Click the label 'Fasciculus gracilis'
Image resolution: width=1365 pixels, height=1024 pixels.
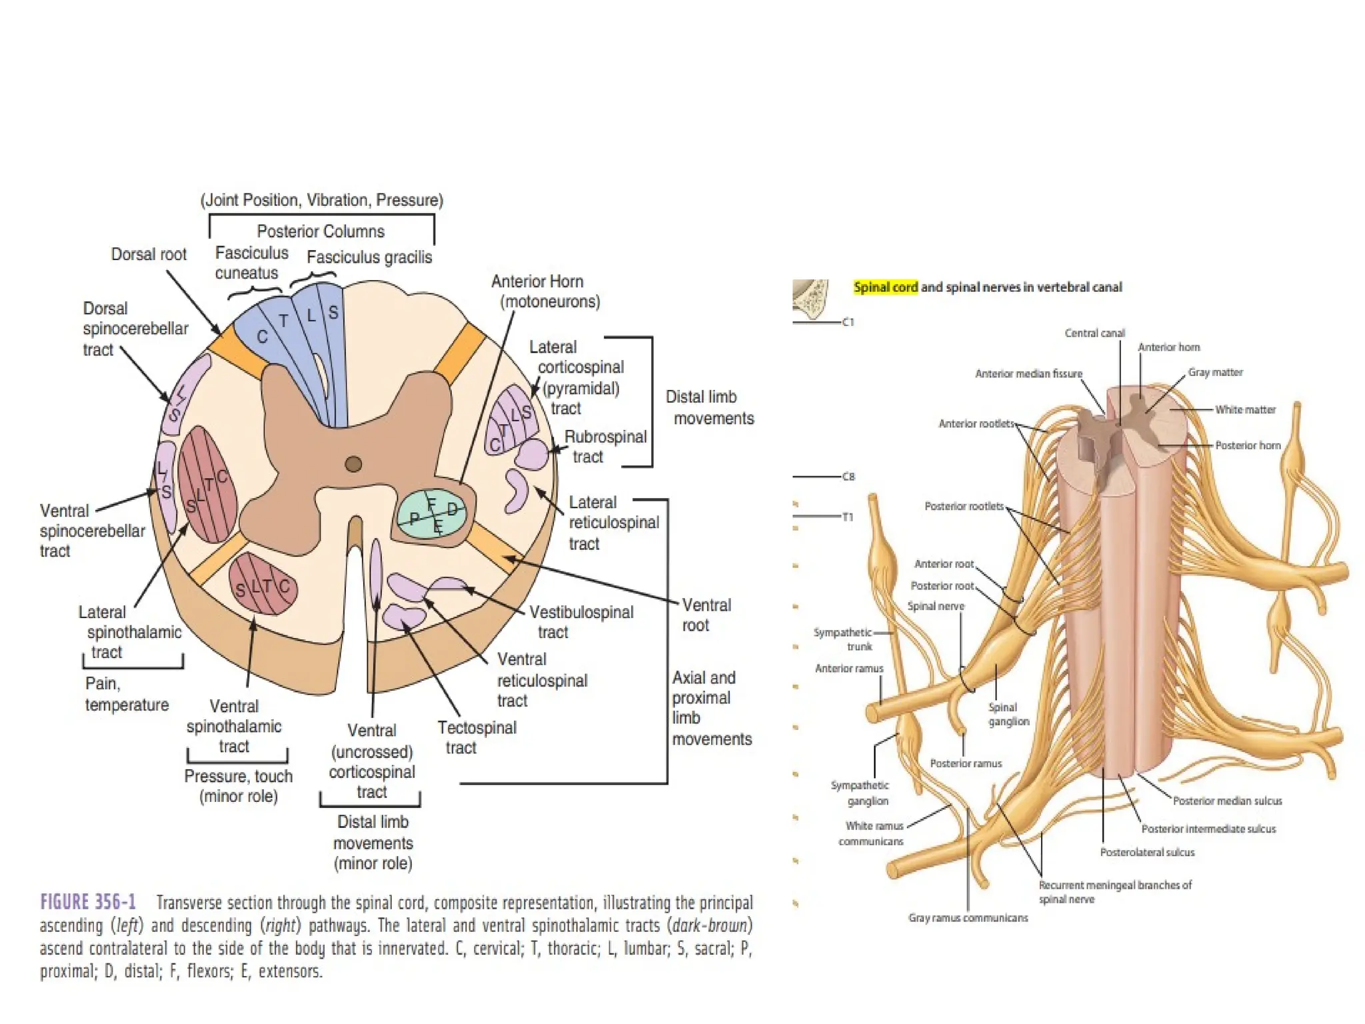click(369, 257)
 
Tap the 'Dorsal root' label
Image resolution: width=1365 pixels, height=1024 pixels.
click(149, 254)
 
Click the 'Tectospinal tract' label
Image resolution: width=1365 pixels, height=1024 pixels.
click(477, 737)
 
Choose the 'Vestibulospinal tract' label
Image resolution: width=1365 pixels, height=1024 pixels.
click(581, 622)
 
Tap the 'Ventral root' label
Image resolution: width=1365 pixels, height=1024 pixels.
click(706, 615)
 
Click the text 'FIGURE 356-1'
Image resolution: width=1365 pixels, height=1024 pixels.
click(88, 902)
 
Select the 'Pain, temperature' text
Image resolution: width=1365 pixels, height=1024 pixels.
click(127, 694)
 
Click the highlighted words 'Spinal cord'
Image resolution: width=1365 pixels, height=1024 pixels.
click(886, 287)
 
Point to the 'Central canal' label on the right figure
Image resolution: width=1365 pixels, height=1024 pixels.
click(1094, 333)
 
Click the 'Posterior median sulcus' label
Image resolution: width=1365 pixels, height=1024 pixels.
click(1227, 801)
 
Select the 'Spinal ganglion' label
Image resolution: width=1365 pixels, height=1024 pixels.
click(1008, 714)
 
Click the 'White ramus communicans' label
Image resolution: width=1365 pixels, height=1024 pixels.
click(871, 833)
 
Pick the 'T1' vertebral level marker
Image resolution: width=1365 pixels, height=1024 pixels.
click(847, 517)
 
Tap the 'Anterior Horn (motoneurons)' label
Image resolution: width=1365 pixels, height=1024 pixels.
click(546, 291)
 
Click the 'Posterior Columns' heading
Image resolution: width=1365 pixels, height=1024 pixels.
click(321, 231)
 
